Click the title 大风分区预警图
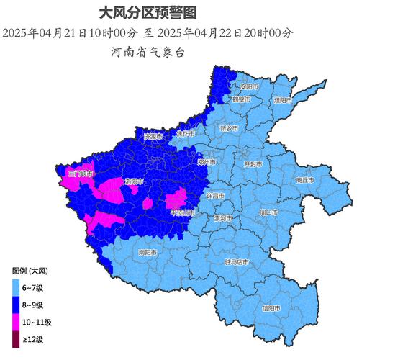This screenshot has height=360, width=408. [147, 12]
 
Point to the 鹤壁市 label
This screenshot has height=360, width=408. [241, 100]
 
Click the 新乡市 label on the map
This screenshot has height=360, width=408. [228, 128]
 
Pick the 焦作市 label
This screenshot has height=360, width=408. [185, 134]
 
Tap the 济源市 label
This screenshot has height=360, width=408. [154, 136]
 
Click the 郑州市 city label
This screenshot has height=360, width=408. [207, 163]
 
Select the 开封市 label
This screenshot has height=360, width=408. [253, 164]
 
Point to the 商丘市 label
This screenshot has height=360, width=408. [305, 181]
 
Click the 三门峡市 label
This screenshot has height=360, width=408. [80, 174]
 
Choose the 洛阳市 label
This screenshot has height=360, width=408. [134, 181]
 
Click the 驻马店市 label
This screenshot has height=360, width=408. [237, 262]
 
